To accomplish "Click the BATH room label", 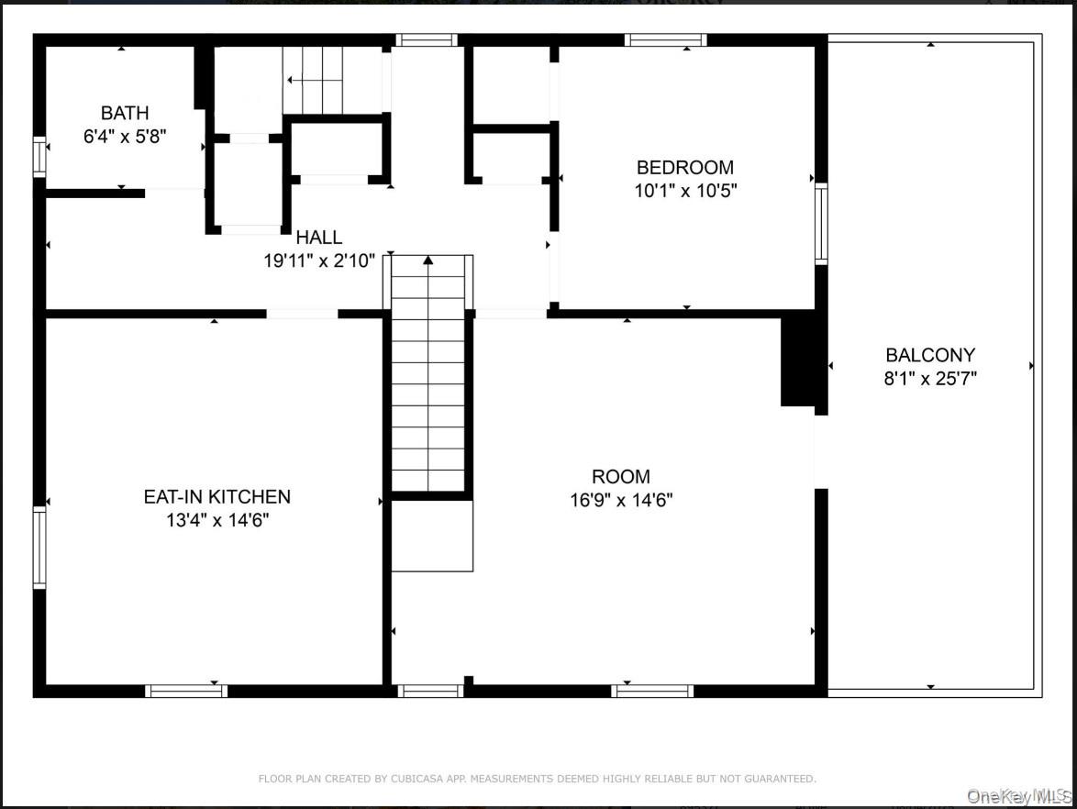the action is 125,113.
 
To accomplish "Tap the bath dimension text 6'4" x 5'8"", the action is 125,136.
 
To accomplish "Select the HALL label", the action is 318,238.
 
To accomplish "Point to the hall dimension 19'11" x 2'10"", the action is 319,261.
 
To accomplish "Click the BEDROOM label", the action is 684,168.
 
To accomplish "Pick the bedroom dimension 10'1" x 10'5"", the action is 684,191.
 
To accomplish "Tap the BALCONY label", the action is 930,355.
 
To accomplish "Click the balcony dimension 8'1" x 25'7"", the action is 930,379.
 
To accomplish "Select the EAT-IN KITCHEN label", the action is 217,496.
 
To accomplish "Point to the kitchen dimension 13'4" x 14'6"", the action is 217,520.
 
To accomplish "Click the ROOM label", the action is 621,477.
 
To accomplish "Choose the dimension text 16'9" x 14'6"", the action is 621,500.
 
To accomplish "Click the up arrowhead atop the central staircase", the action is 427,260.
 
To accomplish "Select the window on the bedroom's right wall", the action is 821,224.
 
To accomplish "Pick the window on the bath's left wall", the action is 39,157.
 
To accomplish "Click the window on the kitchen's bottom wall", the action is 186,691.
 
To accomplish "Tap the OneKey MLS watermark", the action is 1018,797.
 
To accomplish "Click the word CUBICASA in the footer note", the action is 418,779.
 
